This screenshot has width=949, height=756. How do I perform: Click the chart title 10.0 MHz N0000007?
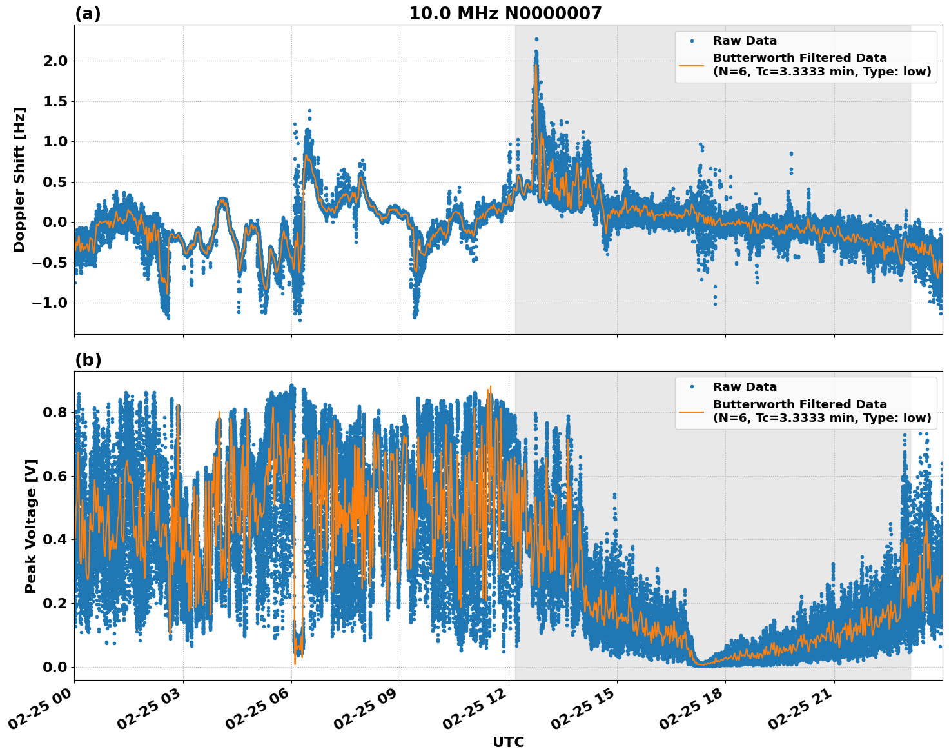coord(505,14)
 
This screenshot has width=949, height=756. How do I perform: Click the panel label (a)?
coord(88,14)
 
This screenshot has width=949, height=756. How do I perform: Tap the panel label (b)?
coord(88,360)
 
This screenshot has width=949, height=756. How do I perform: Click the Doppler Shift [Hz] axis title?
coord(19,179)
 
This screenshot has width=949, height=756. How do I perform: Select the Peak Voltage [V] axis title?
coord(30,526)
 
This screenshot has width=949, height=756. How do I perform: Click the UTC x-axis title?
coord(508,742)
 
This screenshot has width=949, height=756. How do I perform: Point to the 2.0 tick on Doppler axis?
coord(55,61)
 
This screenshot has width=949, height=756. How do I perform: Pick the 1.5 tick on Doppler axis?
coord(55,101)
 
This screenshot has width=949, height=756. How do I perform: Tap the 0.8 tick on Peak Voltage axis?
coord(55,412)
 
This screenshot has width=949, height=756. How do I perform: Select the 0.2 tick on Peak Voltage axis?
coord(55,603)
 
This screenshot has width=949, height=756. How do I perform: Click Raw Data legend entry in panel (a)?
coord(745,41)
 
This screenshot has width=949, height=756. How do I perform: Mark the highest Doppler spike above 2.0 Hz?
coord(536,39)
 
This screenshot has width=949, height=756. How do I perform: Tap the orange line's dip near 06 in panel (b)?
coord(295,663)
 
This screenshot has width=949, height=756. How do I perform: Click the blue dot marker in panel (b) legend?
coord(692,387)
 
